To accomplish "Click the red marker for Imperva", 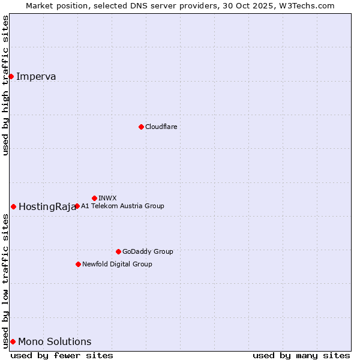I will coord(11,76).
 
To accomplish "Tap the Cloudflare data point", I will coord(141,127).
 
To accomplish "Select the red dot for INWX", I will coord(94,198).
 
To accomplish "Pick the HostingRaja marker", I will coord(13,206).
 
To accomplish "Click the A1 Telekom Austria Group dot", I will coord(77,206).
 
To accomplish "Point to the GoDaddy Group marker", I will coord(118,251).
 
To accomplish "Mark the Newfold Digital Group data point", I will coord(78,264).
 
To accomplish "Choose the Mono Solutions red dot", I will coord(13,341).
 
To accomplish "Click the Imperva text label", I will coord(36,76).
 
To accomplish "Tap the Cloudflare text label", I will coord(161,127).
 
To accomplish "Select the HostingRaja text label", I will coord(47,207).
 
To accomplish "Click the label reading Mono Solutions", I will coord(55,342).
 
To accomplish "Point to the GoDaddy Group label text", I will coord(148,251).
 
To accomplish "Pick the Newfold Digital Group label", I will coord(117,264).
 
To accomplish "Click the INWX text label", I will coord(107,198).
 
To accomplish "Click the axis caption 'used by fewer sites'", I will coord(62,355).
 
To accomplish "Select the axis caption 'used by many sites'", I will coord(301,355).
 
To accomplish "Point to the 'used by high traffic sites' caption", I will coord(5,85).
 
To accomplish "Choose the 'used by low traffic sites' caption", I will coord(5,281).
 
